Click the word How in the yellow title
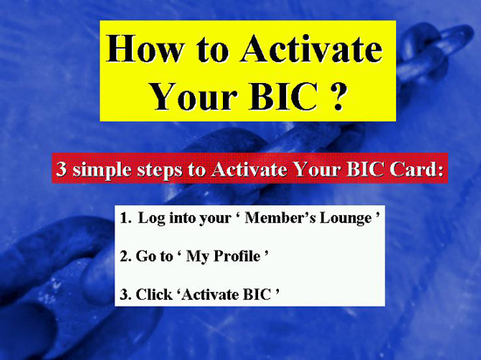(x=145, y=49)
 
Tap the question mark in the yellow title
(x=338, y=96)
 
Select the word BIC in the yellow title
(x=283, y=96)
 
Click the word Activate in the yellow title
(x=311, y=49)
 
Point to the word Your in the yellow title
(x=194, y=97)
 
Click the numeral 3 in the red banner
(x=61, y=169)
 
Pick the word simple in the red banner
(x=102, y=170)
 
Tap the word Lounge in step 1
(x=345, y=218)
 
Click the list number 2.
(x=125, y=256)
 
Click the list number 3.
(x=125, y=294)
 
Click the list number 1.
(x=125, y=218)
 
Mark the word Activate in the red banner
(x=249, y=169)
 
